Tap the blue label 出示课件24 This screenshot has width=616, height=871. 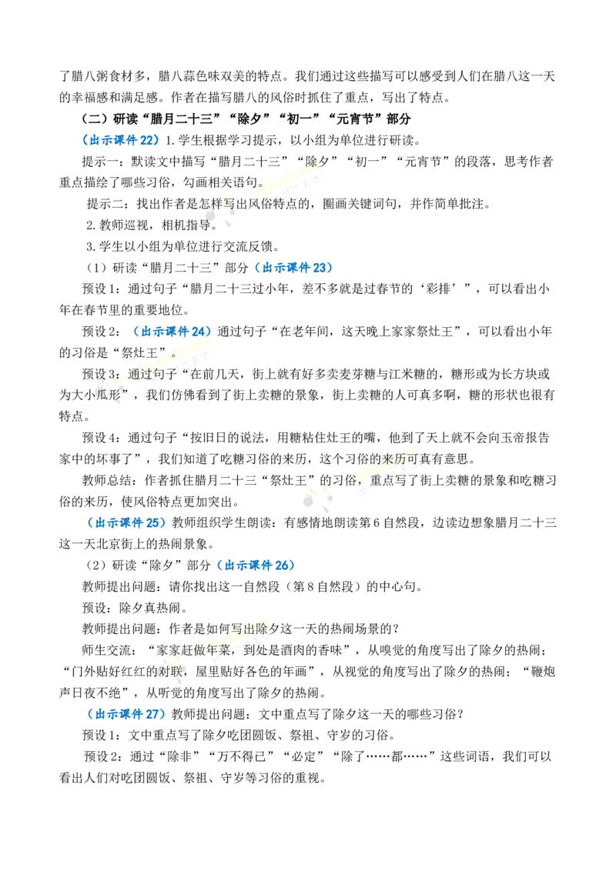pos(172,332)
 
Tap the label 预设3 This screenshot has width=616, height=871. pos(101,374)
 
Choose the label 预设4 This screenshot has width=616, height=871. pos(101,438)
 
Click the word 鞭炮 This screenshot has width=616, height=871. pos(543,672)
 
